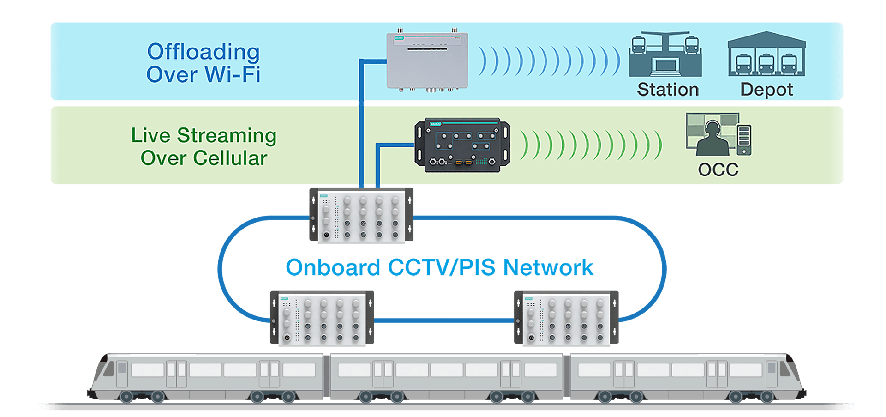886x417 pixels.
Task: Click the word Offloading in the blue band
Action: tap(203, 52)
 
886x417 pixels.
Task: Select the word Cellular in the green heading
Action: tap(230, 158)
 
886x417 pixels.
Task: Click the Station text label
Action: tap(668, 90)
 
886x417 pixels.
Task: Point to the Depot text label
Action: tap(766, 90)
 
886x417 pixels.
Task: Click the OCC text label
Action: tap(718, 170)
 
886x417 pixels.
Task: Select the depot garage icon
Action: tap(766, 54)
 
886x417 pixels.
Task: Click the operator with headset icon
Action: tap(712, 139)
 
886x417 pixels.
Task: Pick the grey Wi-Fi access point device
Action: tap(427, 60)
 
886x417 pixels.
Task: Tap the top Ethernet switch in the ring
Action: tap(361, 215)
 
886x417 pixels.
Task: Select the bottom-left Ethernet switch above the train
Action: tap(322, 319)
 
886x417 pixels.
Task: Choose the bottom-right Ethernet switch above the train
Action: tap(566, 319)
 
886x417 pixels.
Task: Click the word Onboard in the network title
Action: tap(333, 268)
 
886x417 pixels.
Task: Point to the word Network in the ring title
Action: tap(548, 268)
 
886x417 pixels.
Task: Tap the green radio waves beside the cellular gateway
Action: tap(591, 145)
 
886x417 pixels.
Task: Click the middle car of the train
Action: tap(446, 376)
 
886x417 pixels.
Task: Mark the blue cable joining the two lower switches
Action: tap(444, 320)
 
